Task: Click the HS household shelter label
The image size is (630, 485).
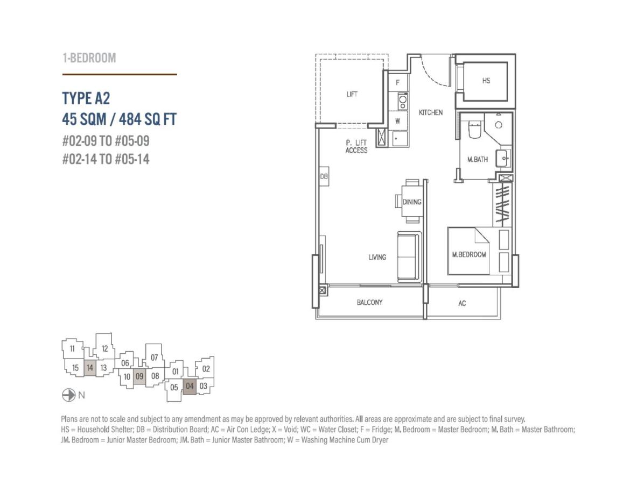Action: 486,81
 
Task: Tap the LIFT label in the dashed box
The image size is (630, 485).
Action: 352,94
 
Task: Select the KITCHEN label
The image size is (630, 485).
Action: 431,112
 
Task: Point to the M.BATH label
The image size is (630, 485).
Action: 477,159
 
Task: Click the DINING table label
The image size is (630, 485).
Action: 412,202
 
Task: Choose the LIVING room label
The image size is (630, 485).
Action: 377,257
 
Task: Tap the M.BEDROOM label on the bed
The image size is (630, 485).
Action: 469,254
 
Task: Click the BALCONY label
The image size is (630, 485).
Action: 369,302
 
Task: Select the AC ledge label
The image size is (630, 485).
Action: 462,303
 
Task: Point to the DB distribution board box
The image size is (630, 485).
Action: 324,176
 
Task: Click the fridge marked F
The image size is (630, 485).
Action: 398,83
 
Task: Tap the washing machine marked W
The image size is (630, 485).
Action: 398,121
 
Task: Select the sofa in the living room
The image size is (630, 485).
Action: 409,256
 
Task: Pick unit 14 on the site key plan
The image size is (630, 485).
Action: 89,368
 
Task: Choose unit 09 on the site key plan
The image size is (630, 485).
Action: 139,376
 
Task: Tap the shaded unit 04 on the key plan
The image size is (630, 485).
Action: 190,386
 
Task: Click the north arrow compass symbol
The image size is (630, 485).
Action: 69,395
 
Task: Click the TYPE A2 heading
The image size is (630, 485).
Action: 86,98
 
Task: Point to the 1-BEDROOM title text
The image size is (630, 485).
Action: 89,58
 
